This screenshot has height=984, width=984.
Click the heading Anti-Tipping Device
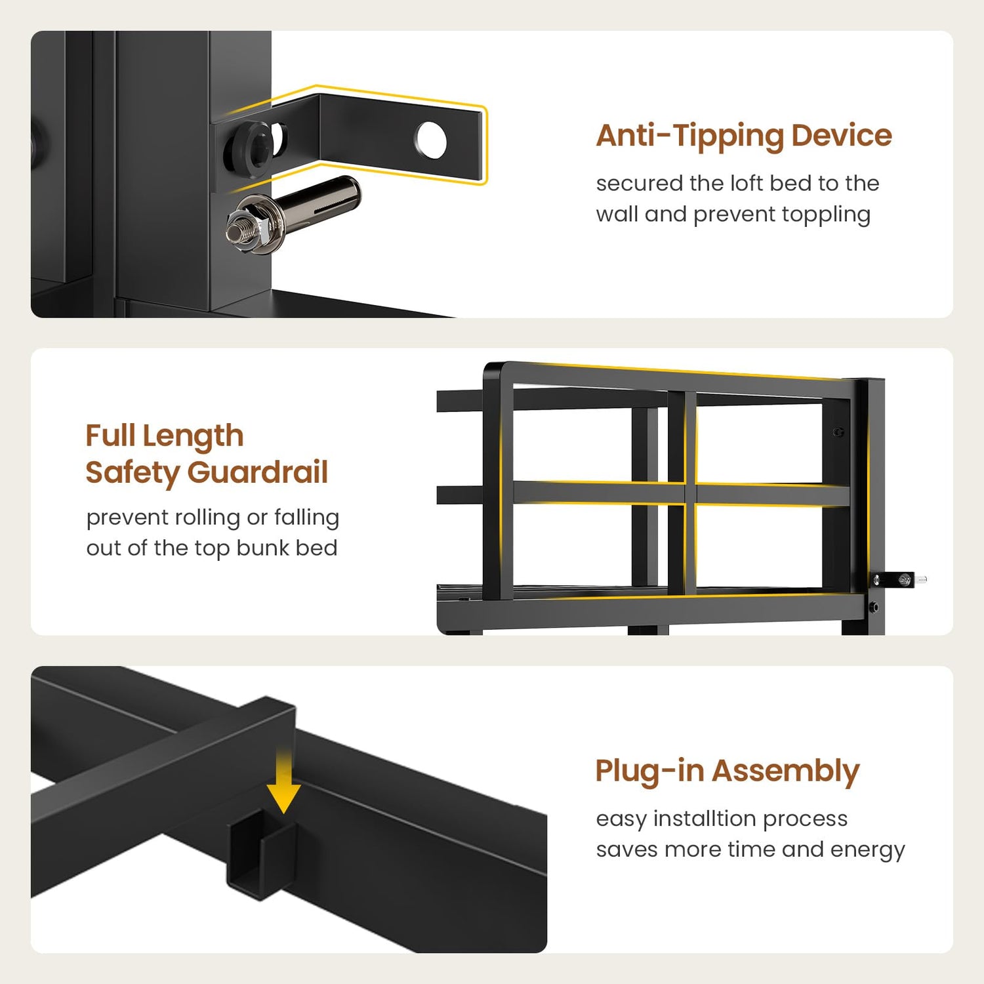coord(744,136)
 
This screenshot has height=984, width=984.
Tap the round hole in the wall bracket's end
coord(431,140)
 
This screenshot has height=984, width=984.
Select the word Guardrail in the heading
coord(258,472)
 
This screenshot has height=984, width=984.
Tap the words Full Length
coord(165,436)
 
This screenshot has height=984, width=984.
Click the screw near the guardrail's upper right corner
coord(838,432)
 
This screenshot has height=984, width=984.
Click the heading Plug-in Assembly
coord(728,771)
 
